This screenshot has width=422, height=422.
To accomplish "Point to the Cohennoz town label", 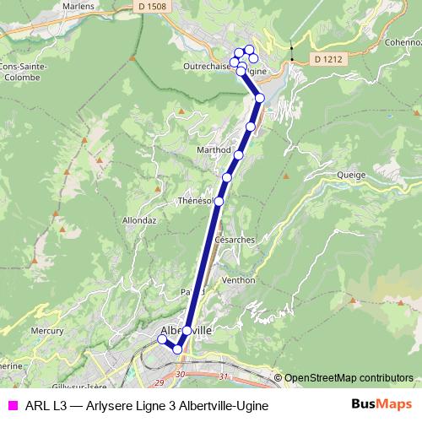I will pyautogui.click(x=403, y=41).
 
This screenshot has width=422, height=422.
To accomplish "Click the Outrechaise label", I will pyautogui.click(x=206, y=65).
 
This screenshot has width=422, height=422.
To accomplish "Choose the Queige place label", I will pyautogui.click(x=350, y=176).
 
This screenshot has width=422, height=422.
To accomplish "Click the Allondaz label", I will pyautogui.click(x=139, y=219).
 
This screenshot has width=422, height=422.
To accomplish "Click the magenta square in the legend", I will pyautogui.click(x=12, y=405).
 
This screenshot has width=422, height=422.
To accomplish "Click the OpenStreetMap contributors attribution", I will pyautogui.click(x=348, y=377).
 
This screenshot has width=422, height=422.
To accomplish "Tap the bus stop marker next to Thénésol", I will pyautogui.click(x=219, y=201).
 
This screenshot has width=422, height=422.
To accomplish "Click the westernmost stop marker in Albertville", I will pyautogui.click(x=162, y=340).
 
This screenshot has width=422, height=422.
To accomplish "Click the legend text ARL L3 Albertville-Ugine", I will pyautogui.click(x=147, y=405).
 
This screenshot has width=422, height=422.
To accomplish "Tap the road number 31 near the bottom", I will pyautogui.click(x=223, y=376).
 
